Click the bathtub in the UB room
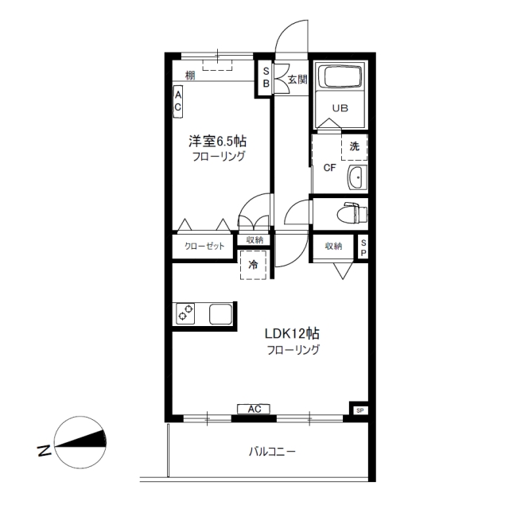click(340, 76)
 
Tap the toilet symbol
click(352, 213)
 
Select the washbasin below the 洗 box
click(357, 177)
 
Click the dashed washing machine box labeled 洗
click(354, 147)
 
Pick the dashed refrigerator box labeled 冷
click(253, 265)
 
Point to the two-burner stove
click(185, 313)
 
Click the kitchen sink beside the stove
click(221, 314)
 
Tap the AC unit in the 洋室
click(178, 102)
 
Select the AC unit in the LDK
click(254, 409)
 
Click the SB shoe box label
click(266, 77)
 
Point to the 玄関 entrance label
click(297, 80)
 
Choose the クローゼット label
click(204, 246)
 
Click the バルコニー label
click(272, 452)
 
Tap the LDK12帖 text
click(292, 333)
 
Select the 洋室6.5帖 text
click(217, 142)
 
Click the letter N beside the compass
click(45, 450)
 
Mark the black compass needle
click(81, 439)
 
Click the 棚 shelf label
click(190, 76)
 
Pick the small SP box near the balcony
click(360, 410)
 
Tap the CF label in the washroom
click(330, 168)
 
